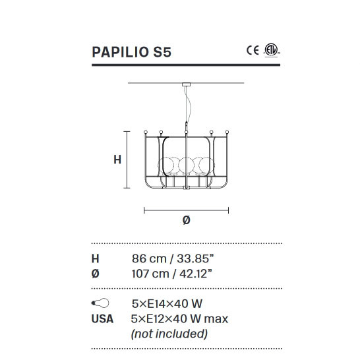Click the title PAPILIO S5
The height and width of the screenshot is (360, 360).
tap(132, 52)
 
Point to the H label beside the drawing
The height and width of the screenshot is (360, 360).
tap(117, 159)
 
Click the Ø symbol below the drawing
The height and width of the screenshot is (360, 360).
tap(186, 221)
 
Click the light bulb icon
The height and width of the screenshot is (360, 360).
tap(98, 304)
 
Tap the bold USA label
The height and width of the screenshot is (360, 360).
tap(102, 318)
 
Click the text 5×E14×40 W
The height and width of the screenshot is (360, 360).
tap(167, 304)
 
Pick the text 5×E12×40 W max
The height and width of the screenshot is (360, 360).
tap(180, 318)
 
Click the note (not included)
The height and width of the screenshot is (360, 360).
tap(169, 333)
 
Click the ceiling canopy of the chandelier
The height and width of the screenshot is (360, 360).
tap(187, 85)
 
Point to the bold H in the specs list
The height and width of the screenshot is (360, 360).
tap(95, 258)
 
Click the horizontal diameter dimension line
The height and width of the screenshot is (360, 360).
tap(186, 211)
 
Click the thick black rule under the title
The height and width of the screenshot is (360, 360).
tap(186, 65)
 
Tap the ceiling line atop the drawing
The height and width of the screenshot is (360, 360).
tap(158, 83)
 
